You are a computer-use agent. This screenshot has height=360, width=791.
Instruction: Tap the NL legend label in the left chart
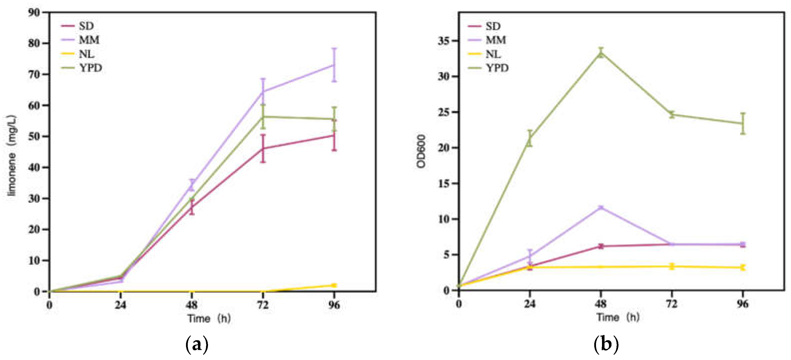86,54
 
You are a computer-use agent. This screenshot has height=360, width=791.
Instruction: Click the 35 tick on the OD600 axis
444,41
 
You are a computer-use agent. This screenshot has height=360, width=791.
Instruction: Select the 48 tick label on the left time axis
191,305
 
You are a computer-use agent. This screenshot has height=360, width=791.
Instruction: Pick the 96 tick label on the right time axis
742,304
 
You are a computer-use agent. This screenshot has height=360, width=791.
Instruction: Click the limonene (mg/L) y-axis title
12,155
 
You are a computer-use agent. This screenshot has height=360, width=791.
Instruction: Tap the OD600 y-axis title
421,151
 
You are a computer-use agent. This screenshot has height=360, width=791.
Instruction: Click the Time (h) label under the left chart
209,318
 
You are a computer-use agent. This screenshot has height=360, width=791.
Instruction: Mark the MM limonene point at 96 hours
334,65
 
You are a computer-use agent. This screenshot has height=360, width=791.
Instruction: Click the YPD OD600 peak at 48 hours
601,53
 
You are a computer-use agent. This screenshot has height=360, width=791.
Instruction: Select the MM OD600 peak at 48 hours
601,208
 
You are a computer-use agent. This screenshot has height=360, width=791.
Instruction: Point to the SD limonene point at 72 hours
263,149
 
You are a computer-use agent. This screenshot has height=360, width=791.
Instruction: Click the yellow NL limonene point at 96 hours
334,285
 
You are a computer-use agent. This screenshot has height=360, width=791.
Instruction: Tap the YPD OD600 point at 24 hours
530,138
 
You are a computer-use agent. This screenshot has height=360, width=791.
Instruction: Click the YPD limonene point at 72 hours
263,116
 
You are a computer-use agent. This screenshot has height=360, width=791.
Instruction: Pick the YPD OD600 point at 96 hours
742,123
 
